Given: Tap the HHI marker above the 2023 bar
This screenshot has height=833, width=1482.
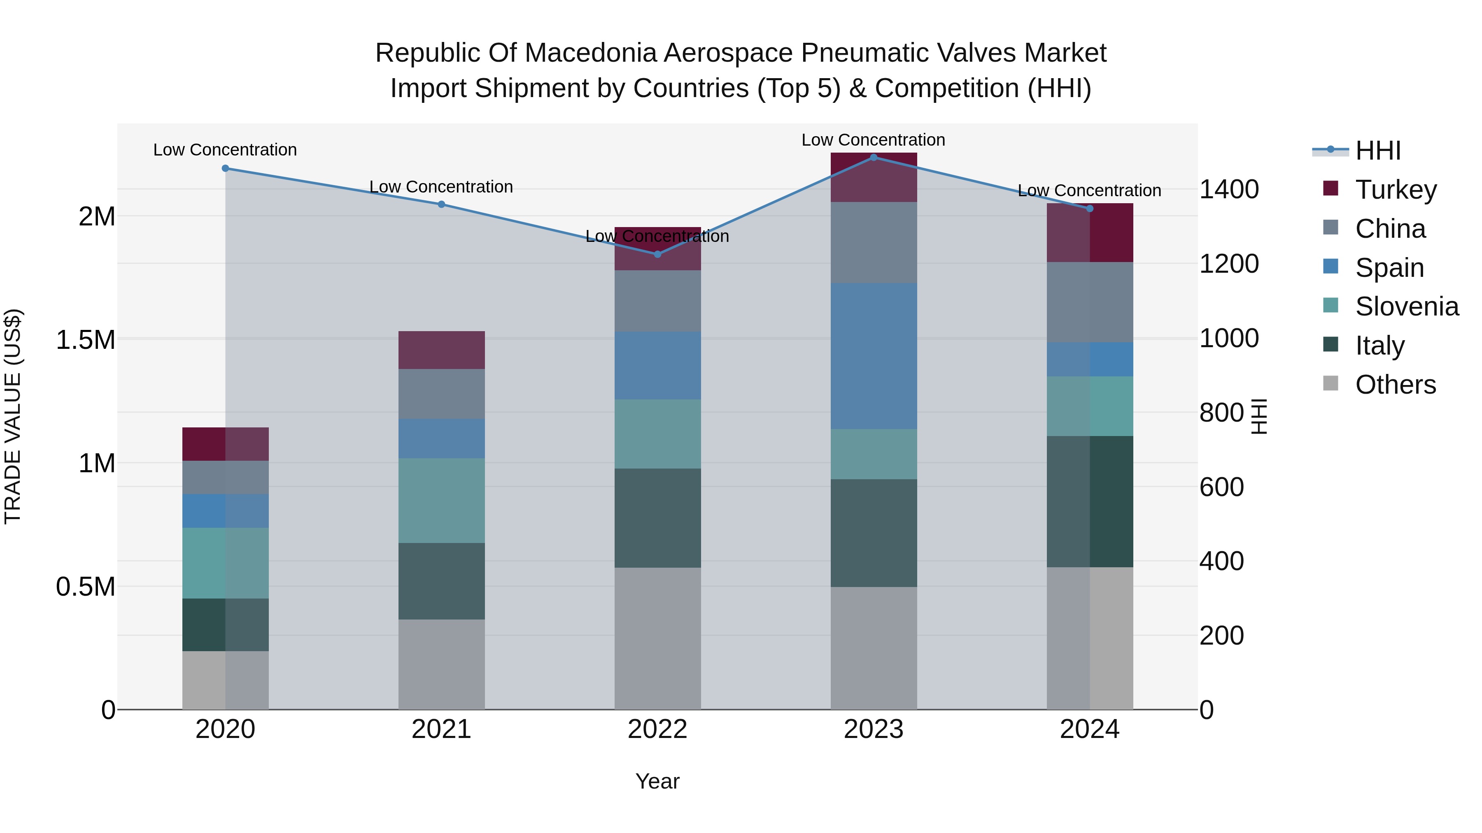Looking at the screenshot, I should [x=873, y=158].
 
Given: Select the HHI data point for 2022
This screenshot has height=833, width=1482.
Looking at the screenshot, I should [x=657, y=254].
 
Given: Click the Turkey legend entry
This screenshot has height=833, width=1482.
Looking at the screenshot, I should [x=1395, y=190].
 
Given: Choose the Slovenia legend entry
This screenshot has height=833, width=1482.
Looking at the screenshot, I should [x=1406, y=306].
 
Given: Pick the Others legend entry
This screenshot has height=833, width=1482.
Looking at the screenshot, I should [x=1395, y=385].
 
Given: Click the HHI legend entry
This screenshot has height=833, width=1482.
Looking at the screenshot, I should [x=1377, y=151].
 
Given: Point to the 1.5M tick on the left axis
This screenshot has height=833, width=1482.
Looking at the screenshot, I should [x=85, y=340].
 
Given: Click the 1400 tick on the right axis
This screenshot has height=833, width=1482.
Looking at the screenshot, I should [x=1229, y=189].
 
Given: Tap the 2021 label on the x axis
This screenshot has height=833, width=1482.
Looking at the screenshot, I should [x=441, y=729].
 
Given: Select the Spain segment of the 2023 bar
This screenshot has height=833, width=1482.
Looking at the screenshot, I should [x=873, y=356].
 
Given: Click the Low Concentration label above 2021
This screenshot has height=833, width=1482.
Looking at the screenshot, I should [x=441, y=187].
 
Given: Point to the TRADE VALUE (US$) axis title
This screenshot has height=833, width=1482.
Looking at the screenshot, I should [x=13, y=416].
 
